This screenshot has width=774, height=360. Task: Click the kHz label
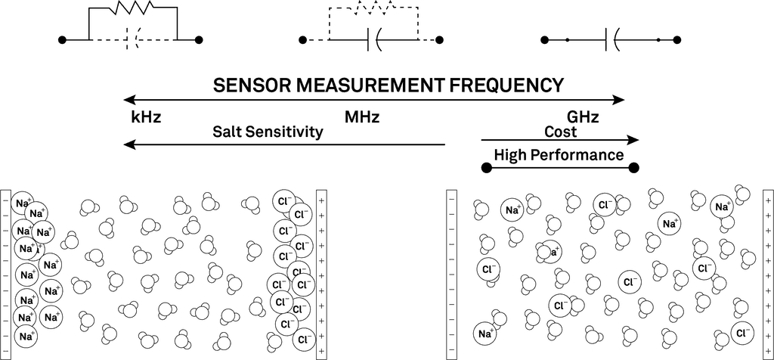(146, 118)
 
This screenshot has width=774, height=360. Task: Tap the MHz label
(362, 118)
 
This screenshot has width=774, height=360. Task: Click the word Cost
(560, 132)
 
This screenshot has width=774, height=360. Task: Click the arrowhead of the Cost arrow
(633, 140)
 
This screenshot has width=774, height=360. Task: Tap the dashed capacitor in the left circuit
(133, 39)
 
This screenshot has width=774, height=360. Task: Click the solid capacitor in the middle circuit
(373, 39)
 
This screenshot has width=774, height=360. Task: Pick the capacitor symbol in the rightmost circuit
(613, 39)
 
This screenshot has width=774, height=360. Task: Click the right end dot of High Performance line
(633, 167)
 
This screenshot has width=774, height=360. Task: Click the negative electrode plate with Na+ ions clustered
(6, 274)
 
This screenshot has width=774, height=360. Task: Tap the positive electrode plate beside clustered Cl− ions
(321, 274)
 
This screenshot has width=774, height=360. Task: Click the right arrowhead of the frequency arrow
(620, 99)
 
